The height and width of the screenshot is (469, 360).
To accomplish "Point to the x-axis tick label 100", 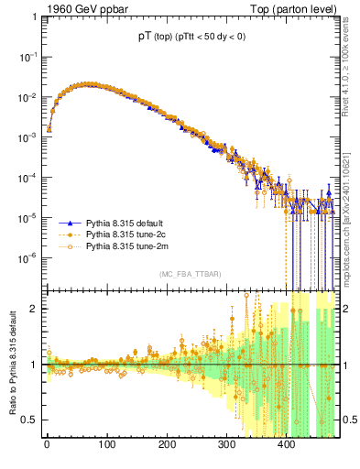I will pyautogui.click(x=106, y=445).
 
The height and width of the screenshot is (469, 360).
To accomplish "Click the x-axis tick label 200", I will pyautogui.click(x=167, y=445).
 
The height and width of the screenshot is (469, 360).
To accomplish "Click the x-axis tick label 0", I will pyautogui.click(x=47, y=445).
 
